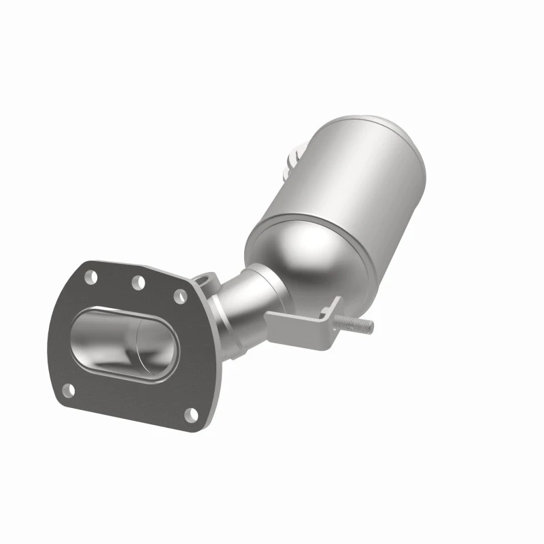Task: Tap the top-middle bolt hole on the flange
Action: click(138, 282)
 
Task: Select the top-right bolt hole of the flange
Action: click(180, 296)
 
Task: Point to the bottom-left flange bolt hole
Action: click(68, 390)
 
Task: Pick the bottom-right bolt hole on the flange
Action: click(192, 414)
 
